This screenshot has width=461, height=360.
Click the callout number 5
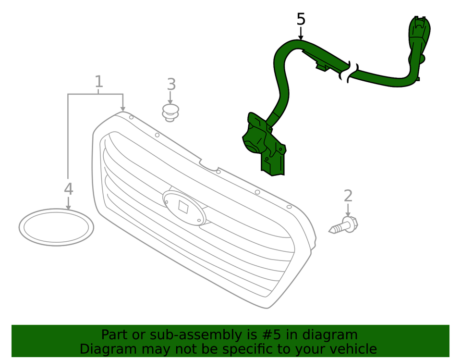point(301,19)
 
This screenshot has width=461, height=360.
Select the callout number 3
point(171,85)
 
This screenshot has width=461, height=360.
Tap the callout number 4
point(69,189)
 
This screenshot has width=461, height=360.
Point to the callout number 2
point(348,196)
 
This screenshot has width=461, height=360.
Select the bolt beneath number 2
point(345,225)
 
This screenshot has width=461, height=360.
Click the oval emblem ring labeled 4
point(56,227)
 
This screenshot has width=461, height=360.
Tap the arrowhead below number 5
point(301,37)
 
